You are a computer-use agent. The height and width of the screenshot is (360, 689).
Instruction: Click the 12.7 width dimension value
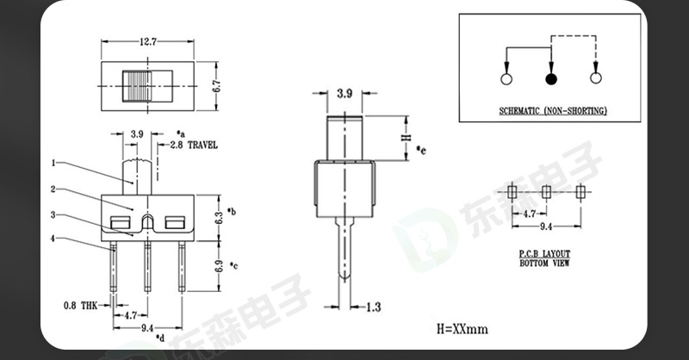(148, 41)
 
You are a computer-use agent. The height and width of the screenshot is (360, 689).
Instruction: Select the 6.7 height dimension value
(216, 86)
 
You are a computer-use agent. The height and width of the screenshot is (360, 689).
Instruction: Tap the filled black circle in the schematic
(551, 79)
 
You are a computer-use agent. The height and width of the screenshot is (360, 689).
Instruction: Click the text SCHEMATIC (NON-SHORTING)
(553, 111)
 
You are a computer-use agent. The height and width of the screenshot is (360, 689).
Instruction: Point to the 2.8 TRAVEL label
(194, 145)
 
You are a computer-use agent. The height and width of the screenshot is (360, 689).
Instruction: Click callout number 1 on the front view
(53, 163)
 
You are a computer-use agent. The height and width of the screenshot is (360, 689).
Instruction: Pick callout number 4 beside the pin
(53, 239)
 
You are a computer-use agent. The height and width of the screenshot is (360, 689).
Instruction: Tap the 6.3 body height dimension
(219, 217)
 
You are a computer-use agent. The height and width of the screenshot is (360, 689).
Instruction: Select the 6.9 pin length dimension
(219, 266)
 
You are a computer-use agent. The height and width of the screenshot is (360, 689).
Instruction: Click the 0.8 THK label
(81, 306)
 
